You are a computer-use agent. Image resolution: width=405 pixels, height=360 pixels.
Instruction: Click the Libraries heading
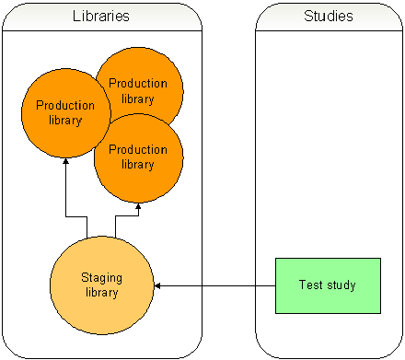(x=101, y=17)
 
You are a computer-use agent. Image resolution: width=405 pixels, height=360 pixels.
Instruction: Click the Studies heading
(x=328, y=17)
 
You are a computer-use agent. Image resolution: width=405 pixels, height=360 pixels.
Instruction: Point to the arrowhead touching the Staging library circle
(x=157, y=285)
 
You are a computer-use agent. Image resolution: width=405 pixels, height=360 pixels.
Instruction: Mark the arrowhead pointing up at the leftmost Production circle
(x=66, y=160)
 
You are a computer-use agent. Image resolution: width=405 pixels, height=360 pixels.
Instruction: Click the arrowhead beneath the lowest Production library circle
(x=137, y=206)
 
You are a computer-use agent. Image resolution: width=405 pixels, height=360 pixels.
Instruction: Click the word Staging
(x=101, y=278)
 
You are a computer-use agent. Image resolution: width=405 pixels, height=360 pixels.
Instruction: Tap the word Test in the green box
(x=310, y=285)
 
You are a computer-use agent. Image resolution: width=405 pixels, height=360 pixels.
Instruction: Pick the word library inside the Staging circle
(x=101, y=293)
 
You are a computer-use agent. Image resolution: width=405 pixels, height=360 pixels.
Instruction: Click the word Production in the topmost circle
(x=138, y=84)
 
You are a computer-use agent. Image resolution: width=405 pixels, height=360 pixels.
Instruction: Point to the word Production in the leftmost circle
(x=65, y=106)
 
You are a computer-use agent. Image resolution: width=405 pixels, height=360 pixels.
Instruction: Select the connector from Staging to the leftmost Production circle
(x=66, y=198)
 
